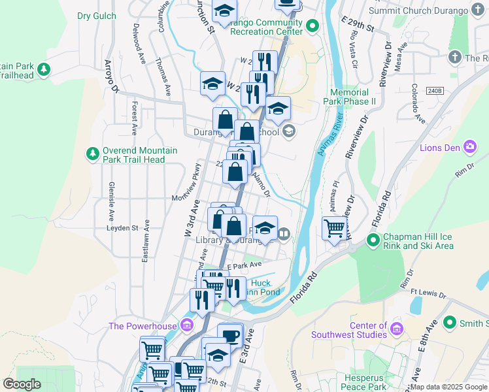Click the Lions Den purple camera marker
point(469,146)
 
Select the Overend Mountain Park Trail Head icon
point(93,154)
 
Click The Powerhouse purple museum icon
point(188,325)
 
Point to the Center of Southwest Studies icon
point(396,330)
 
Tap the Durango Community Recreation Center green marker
point(312,27)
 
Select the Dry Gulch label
point(97,16)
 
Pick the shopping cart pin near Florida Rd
point(335,229)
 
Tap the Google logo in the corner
point(22,385)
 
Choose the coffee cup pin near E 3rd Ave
point(230,335)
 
